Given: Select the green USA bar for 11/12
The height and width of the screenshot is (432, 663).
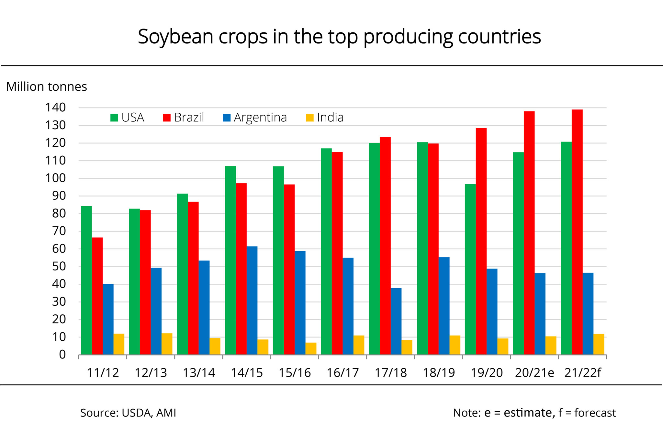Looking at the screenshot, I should (86, 280).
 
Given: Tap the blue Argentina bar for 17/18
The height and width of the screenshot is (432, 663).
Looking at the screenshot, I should (396, 321).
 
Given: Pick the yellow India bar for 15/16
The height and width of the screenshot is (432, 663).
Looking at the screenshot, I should (311, 348).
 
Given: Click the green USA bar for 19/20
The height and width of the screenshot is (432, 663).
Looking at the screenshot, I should (470, 269).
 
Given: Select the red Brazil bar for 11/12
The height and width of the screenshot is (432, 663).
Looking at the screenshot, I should (97, 296).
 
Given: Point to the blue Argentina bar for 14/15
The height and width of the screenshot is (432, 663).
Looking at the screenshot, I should (252, 300).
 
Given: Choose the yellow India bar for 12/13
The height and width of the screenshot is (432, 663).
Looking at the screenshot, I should (167, 344).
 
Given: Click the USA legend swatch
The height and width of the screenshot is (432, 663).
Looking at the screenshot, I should (114, 118).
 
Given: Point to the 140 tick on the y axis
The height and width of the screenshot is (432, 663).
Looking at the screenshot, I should (55, 108).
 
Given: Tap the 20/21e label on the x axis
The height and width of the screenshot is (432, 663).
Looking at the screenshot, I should (534, 373).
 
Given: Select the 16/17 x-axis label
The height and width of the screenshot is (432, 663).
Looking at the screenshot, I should (343, 373).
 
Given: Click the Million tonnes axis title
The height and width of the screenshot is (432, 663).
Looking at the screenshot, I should (47, 87).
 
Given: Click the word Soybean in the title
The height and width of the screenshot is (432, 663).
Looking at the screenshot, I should (175, 37).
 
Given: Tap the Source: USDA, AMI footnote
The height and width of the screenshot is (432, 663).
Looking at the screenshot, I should (128, 413).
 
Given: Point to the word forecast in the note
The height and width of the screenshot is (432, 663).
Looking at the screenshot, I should (595, 413).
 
